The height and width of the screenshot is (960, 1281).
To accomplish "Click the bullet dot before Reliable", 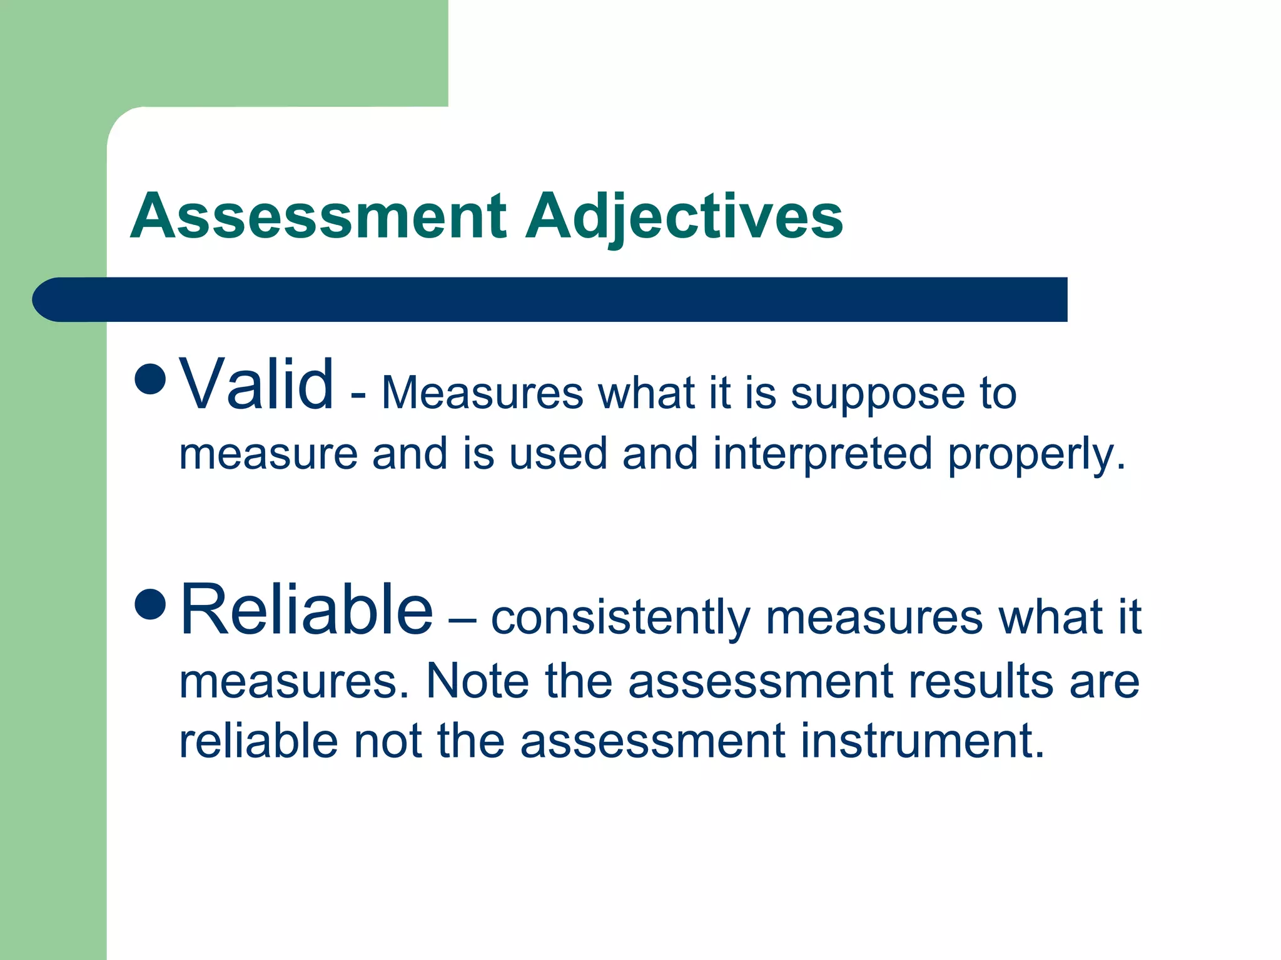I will tap(150, 603).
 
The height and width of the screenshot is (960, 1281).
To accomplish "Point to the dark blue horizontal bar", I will tap(550, 299).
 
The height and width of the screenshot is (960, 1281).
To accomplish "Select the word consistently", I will tap(620, 618).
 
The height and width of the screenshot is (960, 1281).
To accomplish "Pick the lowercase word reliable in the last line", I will tap(258, 741).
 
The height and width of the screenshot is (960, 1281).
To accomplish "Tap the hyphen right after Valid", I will tap(358, 396).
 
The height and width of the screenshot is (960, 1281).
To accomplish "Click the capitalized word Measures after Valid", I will tap(482, 394).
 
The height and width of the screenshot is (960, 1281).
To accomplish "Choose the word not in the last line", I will tap(388, 742).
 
